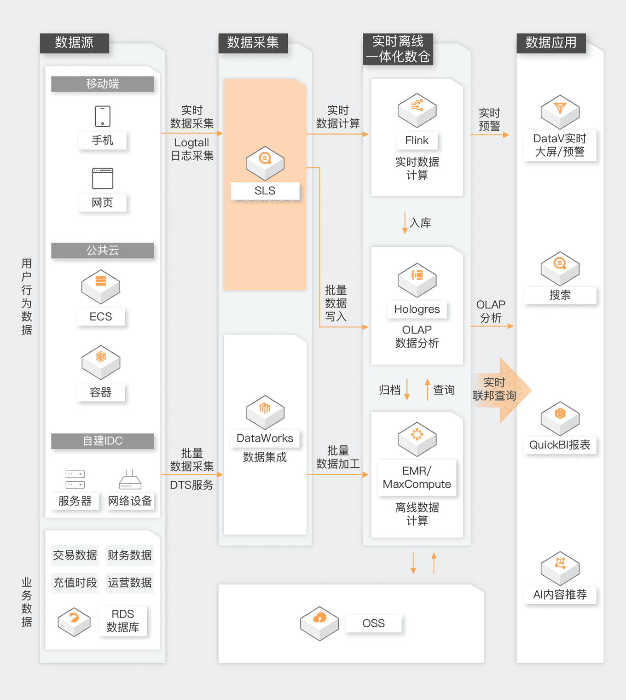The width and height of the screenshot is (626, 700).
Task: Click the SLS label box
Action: (265, 191)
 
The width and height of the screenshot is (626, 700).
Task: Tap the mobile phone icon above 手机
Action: (102, 116)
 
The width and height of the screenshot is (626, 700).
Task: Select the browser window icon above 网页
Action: (102, 179)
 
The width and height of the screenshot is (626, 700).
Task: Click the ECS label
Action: (101, 317)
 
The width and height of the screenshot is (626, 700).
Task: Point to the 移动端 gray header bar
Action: (102, 84)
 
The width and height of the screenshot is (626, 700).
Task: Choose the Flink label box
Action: (417, 140)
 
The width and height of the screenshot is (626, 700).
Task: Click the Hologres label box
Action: (417, 309)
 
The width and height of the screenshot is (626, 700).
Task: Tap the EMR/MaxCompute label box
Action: (417, 478)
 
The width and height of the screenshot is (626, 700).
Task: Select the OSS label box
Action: (373, 624)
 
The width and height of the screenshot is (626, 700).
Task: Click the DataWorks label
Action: (265, 438)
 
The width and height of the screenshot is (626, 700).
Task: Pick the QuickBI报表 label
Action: (560, 445)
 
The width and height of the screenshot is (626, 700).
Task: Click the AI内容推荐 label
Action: (560, 595)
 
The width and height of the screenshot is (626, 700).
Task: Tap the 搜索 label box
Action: (560, 295)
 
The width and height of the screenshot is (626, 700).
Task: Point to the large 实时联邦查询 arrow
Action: (502, 390)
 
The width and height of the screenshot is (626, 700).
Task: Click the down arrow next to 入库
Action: (405, 223)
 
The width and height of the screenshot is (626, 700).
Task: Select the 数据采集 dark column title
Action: (253, 43)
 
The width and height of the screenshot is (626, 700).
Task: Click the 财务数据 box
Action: (129, 555)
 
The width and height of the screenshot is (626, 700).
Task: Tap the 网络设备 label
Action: (130, 501)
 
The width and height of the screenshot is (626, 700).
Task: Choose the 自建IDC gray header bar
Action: (102, 441)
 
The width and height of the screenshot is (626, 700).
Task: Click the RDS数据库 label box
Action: (122, 621)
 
